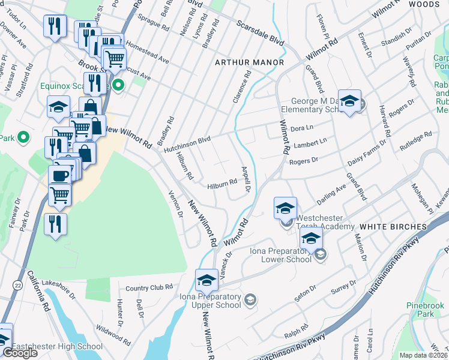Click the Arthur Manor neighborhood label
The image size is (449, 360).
pyautogui.click(x=249, y=62)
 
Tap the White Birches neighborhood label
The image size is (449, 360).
pyautogui.click(x=393, y=227)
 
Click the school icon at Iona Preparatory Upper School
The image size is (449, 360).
pyautogui.click(x=206, y=280)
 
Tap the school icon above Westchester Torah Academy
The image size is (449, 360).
pyautogui.click(x=286, y=208)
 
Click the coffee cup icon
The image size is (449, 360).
pyautogui.click(x=60, y=176)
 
